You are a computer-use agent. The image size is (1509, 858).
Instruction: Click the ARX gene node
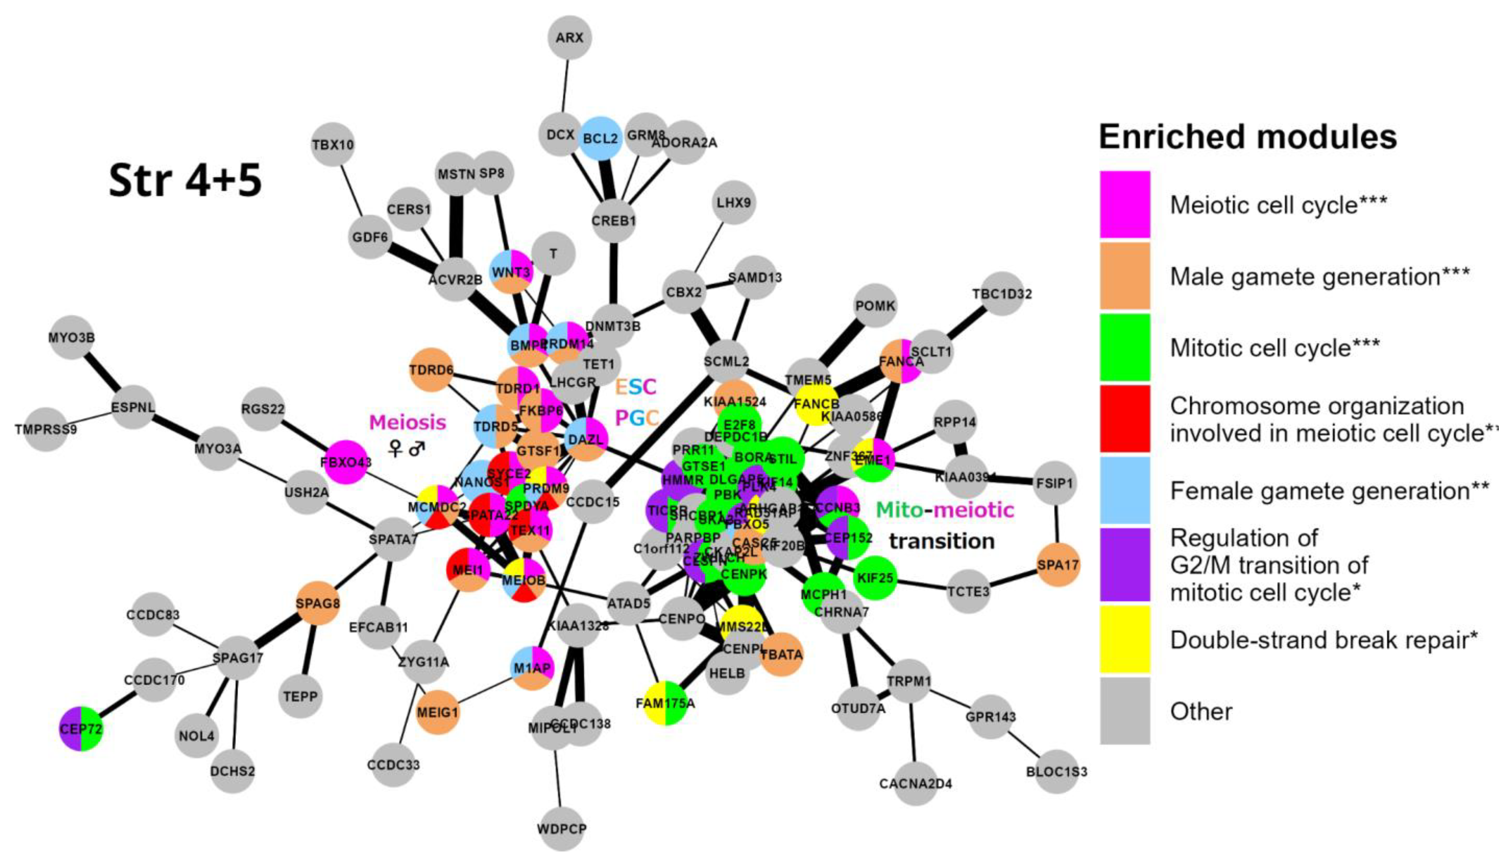tap(569, 38)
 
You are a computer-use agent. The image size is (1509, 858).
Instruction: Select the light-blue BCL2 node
tap(601, 139)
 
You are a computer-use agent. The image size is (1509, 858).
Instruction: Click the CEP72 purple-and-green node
tap(81, 729)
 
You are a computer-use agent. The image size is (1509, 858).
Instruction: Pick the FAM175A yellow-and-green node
tap(665, 703)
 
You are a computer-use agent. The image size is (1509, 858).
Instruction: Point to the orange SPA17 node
tap(1058, 565)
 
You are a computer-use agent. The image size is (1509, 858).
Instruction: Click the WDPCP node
tap(561, 829)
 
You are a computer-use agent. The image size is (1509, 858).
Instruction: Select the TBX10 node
tap(333, 144)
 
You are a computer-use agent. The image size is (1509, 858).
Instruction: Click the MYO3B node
tap(71, 338)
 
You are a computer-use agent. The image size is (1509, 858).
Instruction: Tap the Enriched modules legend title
tap(1248, 137)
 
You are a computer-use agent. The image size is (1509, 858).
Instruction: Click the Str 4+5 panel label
tap(185, 180)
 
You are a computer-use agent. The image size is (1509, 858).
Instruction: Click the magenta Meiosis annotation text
tap(407, 422)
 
